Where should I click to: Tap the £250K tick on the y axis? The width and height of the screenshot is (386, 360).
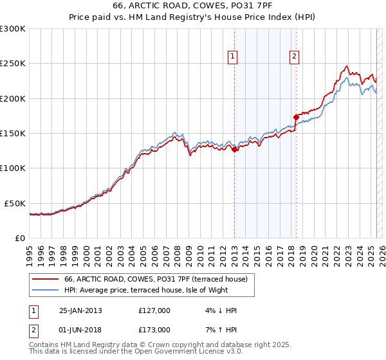[12, 64]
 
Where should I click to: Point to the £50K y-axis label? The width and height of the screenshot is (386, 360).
[15, 203]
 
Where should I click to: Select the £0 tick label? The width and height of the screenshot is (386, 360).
[20, 238]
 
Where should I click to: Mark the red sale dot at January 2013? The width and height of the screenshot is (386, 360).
[235, 149]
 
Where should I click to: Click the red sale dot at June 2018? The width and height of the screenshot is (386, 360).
[296, 117]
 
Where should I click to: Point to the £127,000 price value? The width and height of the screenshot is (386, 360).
[154, 310]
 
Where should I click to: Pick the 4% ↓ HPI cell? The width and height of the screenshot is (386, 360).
[219, 310]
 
